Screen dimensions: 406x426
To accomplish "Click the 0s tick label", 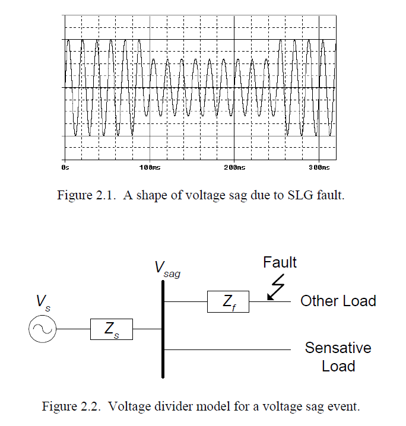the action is [x=65, y=168].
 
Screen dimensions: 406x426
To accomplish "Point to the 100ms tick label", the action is [x=150, y=168].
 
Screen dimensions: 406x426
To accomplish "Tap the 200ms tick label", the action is [x=234, y=168].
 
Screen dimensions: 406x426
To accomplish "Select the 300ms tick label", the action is [x=319, y=168].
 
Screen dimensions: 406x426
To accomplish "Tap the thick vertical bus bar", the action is [x=163, y=329].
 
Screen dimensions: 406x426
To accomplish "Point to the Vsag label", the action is [x=167, y=269].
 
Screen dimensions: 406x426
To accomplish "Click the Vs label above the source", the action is [x=43, y=303].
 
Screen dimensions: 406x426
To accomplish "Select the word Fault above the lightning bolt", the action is [x=280, y=262].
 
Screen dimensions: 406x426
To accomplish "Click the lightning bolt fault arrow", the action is [x=276, y=287].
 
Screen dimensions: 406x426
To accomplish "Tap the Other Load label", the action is [x=338, y=301].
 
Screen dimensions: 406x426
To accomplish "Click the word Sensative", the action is [x=338, y=348].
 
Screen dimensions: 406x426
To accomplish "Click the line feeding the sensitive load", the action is [x=227, y=349].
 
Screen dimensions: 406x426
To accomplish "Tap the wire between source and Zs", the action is [x=74, y=329].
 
